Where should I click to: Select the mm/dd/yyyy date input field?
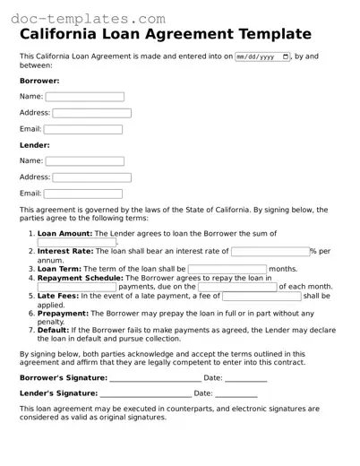262,56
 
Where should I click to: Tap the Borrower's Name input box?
85,96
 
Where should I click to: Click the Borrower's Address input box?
91,113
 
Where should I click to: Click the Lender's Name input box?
85,161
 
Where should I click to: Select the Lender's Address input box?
91,177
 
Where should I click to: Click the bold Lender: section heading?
35,145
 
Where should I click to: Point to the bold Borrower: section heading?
39,80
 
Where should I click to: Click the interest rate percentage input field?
270,252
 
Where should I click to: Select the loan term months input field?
227,269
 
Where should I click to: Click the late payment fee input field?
261,296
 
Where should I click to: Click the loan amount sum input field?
77,242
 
